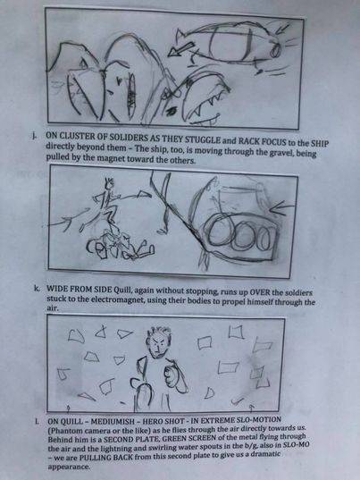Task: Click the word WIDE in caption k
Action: tap(57, 289)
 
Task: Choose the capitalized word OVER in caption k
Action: tap(259, 292)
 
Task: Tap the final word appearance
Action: tap(69, 467)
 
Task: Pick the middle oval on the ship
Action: tap(244, 236)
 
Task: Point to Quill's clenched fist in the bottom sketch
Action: tap(169, 374)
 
